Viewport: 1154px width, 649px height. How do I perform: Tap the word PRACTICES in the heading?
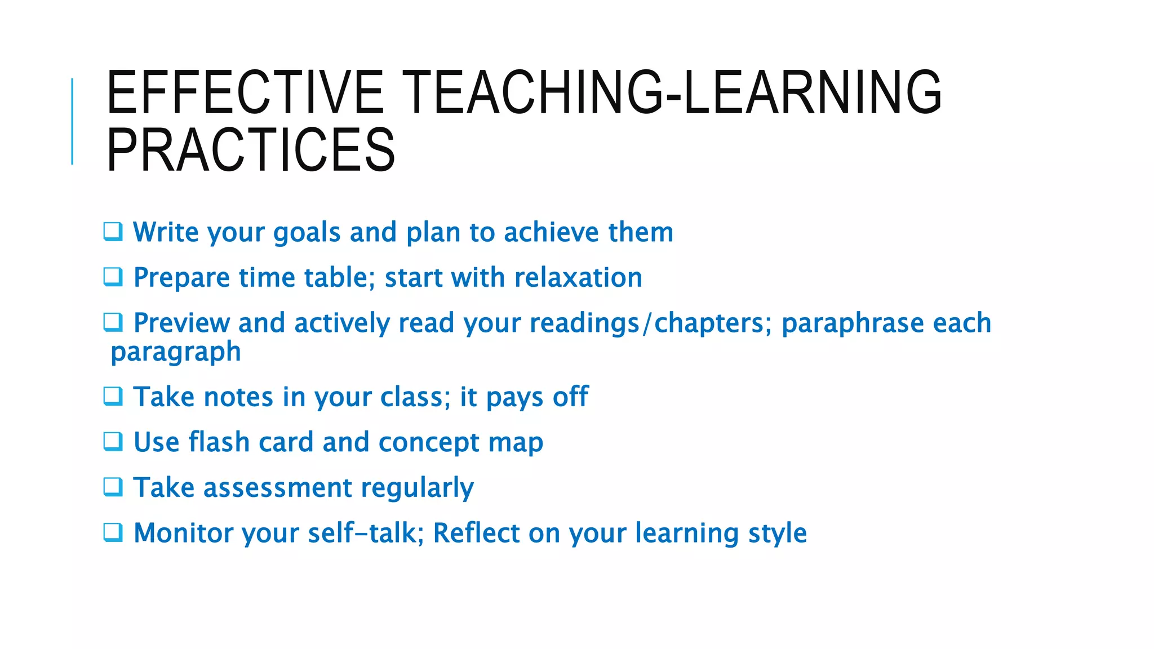tap(251, 149)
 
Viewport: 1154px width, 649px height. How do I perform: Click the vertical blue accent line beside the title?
tap(72, 121)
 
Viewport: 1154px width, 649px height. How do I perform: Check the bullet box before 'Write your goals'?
tap(113, 232)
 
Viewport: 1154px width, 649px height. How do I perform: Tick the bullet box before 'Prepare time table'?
tap(113, 277)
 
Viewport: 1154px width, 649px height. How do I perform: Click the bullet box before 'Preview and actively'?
tap(113, 322)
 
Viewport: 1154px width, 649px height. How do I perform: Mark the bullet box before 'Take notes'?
tap(113, 396)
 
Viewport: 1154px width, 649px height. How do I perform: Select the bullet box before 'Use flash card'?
tap(113, 441)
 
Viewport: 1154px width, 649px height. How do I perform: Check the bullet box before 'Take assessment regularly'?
tap(113, 487)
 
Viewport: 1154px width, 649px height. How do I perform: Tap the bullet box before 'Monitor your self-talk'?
tap(113, 532)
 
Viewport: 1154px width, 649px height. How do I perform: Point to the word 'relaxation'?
tap(578, 278)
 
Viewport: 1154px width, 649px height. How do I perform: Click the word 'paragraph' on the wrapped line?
tap(176, 353)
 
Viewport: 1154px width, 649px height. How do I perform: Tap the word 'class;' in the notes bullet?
tap(415, 397)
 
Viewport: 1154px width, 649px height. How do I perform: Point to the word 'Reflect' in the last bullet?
tap(476, 533)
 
